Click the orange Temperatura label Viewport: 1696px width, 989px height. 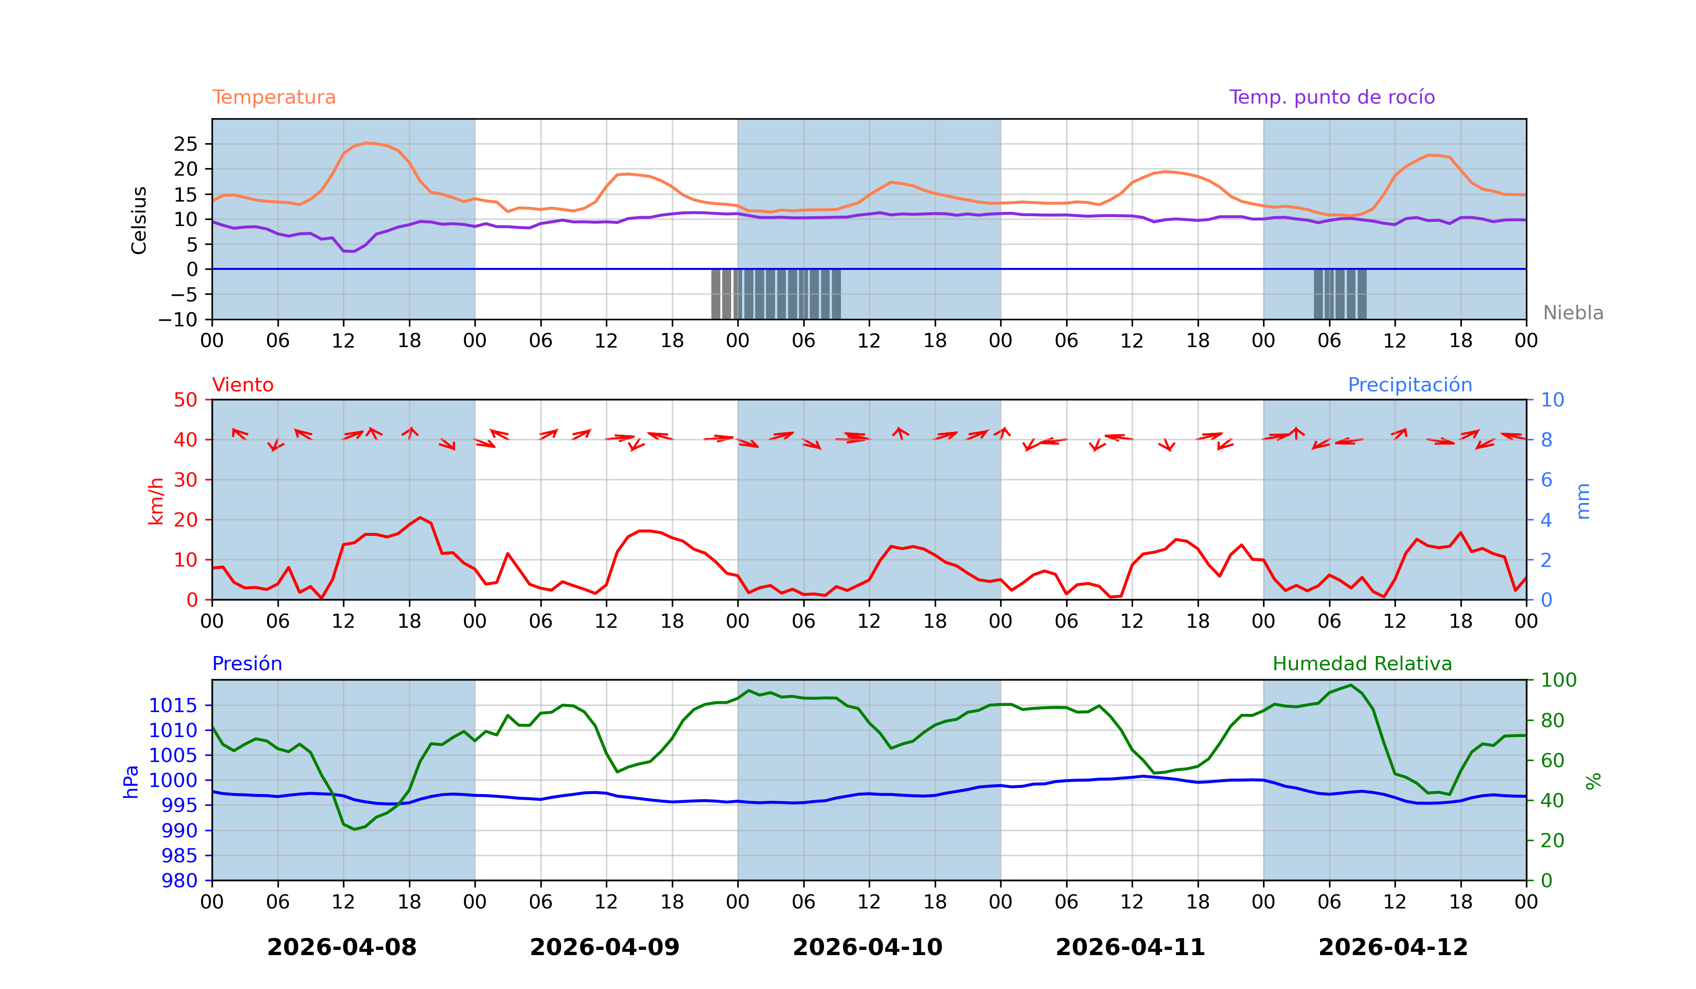(x=274, y=97)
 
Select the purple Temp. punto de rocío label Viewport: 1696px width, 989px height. (x=1331, y=97)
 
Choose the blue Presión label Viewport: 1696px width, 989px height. (x=247, y=664)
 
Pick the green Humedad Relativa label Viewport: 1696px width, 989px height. (x=1362, y=664)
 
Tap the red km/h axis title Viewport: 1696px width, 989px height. (x=155, y=501)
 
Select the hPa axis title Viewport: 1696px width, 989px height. (x=131, y=782)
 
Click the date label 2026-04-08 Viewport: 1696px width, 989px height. (x=342, y=947)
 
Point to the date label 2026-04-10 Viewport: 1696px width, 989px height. (x=867, y=947)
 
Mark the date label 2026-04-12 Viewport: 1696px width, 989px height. (x=1393, y=947)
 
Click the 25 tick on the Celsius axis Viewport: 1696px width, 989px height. (x=186, y=144)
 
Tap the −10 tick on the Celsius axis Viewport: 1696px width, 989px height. (x=178, y=320)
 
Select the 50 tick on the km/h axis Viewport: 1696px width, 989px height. (x=186, y=400)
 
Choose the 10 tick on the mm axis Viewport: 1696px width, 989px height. (x=1553, y=400)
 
